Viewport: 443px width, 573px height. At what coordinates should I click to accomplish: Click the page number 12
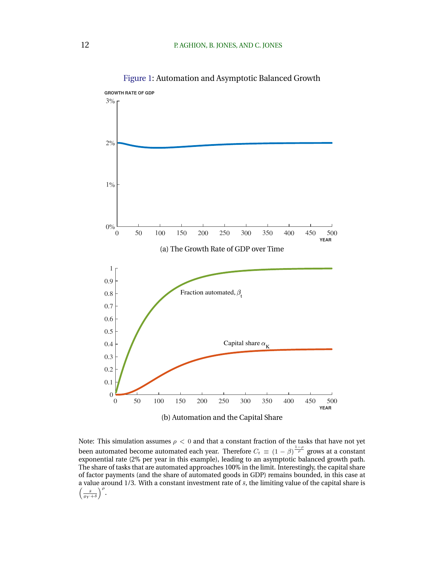(x=85, y=45)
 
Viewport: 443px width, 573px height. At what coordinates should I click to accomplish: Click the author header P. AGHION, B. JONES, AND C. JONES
(x=228, y=45)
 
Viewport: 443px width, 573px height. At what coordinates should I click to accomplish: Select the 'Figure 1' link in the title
(x=137, y=78)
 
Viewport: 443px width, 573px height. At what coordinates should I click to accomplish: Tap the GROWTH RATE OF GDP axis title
(x=129, y=93)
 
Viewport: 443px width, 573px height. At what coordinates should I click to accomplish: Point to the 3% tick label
(x=110, y=101)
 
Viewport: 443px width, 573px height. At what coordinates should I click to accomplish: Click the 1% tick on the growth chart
(x=110, y=185)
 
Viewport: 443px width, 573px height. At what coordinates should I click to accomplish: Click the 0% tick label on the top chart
(x=110, y=227)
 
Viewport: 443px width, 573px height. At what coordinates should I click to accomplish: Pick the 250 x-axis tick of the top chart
(x=224, y=233)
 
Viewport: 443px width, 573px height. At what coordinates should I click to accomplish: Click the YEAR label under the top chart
(x=325, y=240)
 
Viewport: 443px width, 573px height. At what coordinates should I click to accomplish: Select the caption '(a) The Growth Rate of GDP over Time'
(x=222, y=249)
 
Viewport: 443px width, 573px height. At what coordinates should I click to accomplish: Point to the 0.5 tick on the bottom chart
(x=109, y=332)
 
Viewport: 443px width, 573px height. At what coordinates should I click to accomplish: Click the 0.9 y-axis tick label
(x=109, y=281)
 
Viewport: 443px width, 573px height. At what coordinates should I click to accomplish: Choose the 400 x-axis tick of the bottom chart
(x=288, y=401)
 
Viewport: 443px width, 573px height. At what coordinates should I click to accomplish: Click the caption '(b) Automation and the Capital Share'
(x=222, y=417)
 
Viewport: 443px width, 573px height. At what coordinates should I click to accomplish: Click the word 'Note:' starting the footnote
(x=86, y=441)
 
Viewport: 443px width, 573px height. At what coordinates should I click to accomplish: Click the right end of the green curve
(x=331, y=268)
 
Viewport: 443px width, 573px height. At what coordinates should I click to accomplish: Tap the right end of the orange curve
(x=331, y=349)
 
